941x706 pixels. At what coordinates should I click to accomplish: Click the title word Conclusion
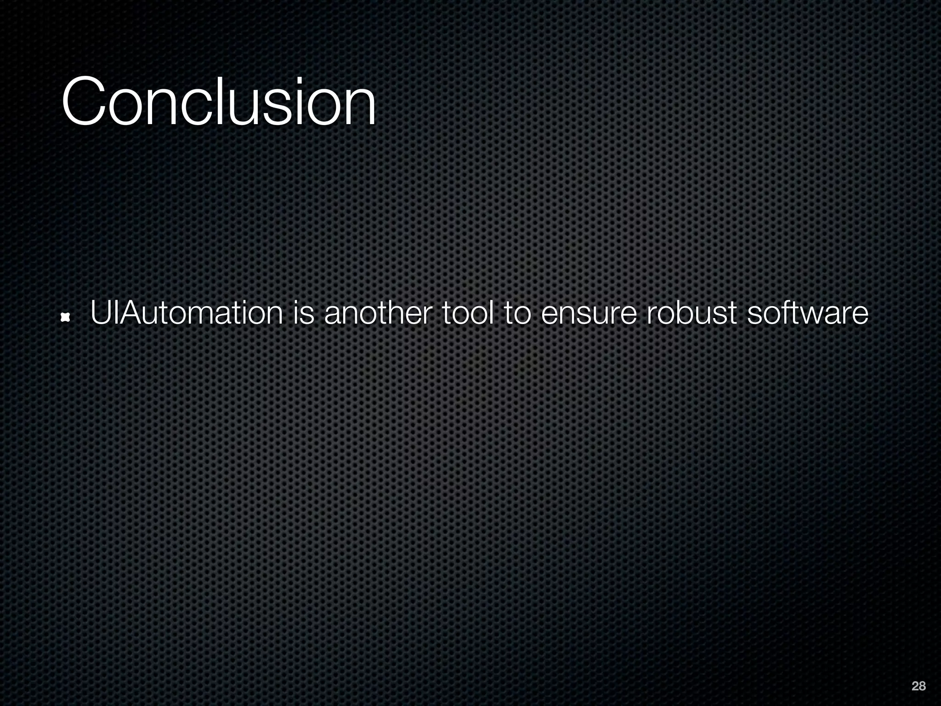[219, 102]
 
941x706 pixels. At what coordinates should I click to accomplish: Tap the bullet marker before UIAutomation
[65, 317]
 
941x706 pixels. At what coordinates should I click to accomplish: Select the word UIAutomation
[187, 313]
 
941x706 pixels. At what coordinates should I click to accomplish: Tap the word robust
[692, 313]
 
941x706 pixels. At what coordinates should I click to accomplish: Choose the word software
[808, 313]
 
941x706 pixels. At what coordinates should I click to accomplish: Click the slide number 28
[918, 686]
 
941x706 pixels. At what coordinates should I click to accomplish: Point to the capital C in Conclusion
[83, 102]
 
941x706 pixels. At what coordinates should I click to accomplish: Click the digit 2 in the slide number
[915, 686]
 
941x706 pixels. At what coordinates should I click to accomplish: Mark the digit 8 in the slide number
[922, 686]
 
